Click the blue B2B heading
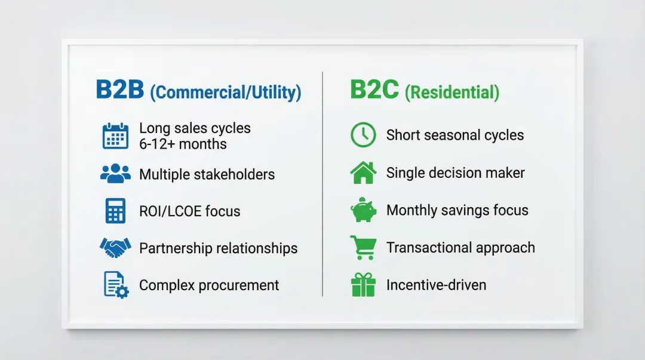click(x=119, y=90)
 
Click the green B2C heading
click(x=374, y=90)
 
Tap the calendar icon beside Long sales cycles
click(x=116, y=136)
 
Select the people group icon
click(x=116, y=173)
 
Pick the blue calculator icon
click(x=116, y=211)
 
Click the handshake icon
click(x=116, y=248)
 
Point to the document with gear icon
click(x=116, y=284)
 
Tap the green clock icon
click(x=363, y=134)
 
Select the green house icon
click(x=363, y=173)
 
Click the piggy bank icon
click(x=363, y=210)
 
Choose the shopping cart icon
click(x=363, y=247)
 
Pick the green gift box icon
click(x=363, y=285)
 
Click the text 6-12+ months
click(x=183, y=144)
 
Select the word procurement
click(x=238, y=285)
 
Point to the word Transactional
click(x=429, y=248)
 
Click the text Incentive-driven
click(x=436, y=285)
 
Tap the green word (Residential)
click(x=452, y=92)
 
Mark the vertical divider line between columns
click(x=322, y=184)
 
